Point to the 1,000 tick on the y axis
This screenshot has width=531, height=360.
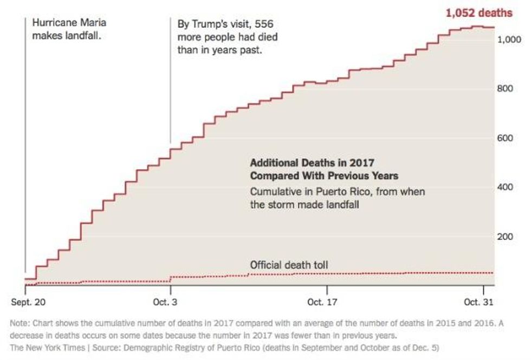(x=509, y=40)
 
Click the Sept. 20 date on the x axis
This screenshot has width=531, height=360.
(x=26, y=301)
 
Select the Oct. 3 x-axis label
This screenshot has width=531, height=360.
(x=170, y=301)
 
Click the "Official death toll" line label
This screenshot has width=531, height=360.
(x=289, y=265)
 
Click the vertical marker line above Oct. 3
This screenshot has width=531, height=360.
(x=171, y=81)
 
